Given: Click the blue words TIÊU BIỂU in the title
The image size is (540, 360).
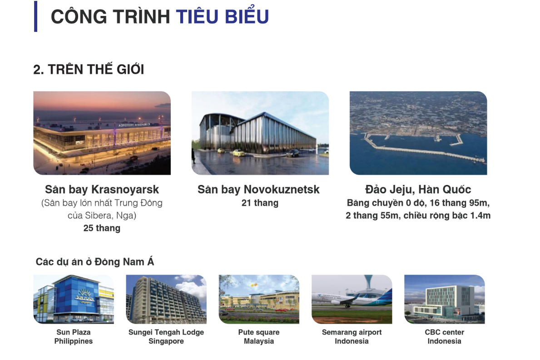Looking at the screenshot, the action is [222, 16].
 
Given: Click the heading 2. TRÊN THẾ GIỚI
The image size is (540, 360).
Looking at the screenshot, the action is [89, 69].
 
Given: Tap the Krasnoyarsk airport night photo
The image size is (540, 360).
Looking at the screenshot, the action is [102, 133].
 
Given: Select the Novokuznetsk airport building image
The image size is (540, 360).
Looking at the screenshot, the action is [260, 133].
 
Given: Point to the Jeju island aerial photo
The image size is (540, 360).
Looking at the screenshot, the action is [418, 133].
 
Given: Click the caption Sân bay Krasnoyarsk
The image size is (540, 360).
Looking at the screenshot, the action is [102, 189].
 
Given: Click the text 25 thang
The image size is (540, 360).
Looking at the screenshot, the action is [102, 228].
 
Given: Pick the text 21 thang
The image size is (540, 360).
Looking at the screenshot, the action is [260, 203].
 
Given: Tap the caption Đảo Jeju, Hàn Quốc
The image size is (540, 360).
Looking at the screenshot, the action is [418, 189].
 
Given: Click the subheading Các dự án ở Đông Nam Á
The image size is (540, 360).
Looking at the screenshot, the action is [95, 262].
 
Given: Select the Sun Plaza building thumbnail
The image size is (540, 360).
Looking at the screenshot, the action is [74, 299].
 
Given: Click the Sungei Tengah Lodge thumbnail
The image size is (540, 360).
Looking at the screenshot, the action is [166, 299].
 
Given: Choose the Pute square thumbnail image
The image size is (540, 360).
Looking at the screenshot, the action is [259, 299].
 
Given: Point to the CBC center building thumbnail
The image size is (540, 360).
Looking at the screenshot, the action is [445, 299].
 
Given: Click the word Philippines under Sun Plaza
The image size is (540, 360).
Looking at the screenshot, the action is [74, 341].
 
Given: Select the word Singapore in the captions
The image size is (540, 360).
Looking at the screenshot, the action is [166, 341].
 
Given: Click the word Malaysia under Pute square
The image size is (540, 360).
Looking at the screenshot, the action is [259, 341].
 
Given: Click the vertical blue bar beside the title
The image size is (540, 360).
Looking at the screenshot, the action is [35, 16].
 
